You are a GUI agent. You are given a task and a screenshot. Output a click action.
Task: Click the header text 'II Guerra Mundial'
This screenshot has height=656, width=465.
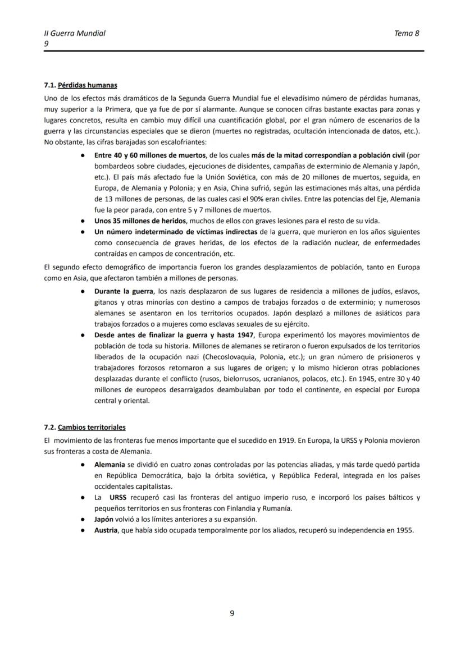(x=75, y=33)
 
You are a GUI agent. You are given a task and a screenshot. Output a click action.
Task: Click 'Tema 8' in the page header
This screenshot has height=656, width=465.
(x=407, y=33)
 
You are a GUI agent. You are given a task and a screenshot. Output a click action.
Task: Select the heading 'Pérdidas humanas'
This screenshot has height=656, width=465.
(x=88, y=85)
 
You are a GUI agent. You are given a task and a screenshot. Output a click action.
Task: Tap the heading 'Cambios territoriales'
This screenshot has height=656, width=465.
(x=92, y=427)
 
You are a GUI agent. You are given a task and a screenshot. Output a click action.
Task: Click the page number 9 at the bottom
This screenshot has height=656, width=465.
(x=232, y=613)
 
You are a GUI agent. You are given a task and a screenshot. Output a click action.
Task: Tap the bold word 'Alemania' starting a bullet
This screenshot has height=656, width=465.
(x=110, y=465)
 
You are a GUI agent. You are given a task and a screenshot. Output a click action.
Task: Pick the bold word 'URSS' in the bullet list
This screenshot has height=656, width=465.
(x=119, y=497)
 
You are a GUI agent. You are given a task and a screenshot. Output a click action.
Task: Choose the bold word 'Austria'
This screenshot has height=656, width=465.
(x=106, y=530)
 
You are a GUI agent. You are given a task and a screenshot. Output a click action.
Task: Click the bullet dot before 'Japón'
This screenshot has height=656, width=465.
(x=83, y=519)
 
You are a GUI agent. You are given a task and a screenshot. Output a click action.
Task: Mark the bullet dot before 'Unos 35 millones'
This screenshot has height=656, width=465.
(x=83, y=221)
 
